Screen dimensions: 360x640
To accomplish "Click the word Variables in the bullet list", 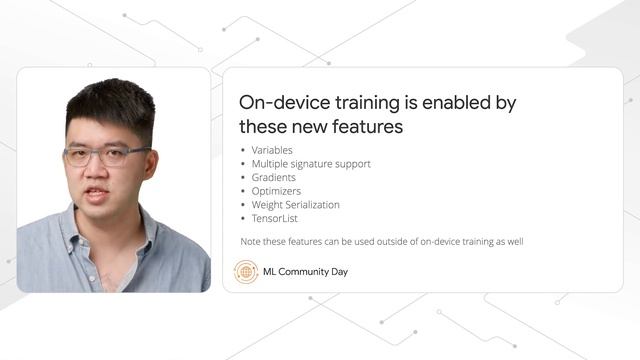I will pyautogui.click(x=272, y=150).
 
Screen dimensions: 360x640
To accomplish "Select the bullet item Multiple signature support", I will pyautogui.click(x=311, y=163).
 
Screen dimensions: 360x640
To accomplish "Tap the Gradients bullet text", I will pyautogui.click(x=273, y=177).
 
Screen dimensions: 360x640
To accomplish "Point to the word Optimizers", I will pyautogui.click(x=276, y=190).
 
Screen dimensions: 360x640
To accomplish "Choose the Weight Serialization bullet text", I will pyautogui.click(x=295, y=204).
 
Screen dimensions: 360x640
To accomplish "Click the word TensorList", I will pyautogui.click(x=274, y=218).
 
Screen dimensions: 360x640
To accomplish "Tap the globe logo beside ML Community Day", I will pyautogui.click(x=246, y=271).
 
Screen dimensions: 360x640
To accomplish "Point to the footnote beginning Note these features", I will pyautogui.click(x=382, y=241).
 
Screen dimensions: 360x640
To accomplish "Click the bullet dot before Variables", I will pyautogui.click(x=243, y=150).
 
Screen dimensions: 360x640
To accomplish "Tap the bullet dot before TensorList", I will pyautogui.click(x=243, y=218).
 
